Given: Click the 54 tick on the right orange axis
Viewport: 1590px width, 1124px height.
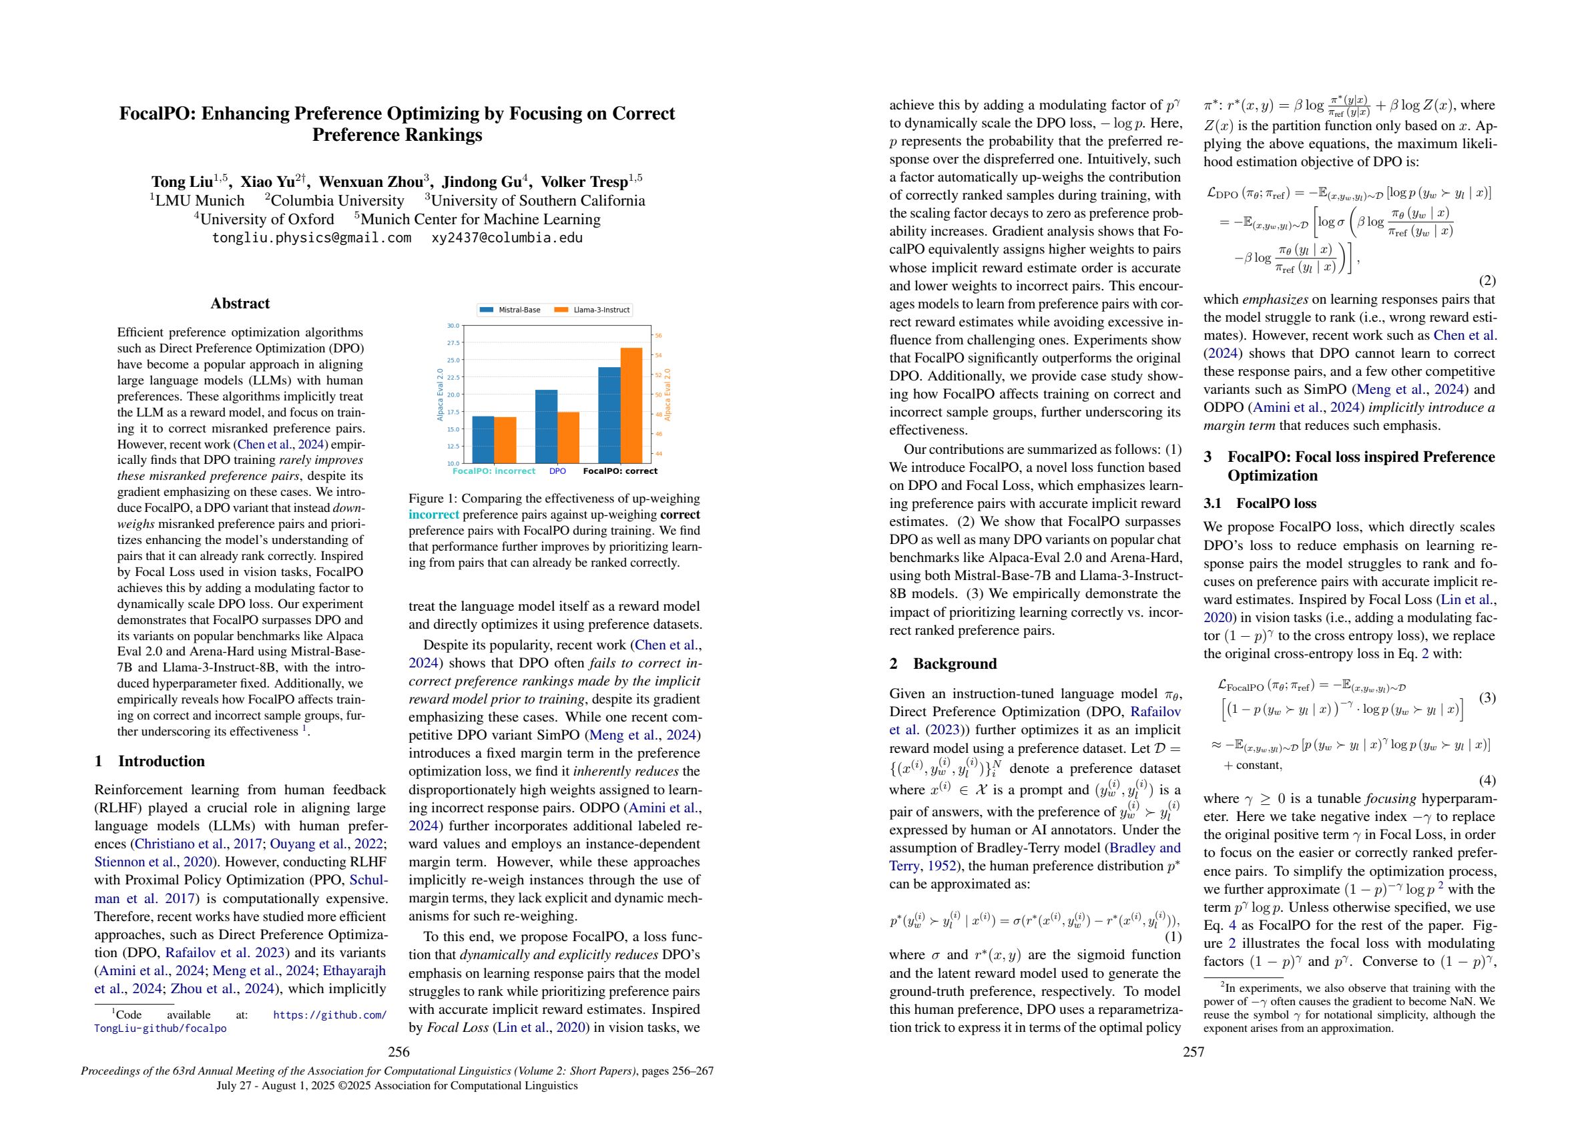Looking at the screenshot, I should [658, 355].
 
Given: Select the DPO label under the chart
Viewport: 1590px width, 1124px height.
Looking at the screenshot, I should [557, 471].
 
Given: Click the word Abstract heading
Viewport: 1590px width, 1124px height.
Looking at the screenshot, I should [240, 303].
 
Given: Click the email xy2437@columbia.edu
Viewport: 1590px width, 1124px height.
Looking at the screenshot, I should [507, 238].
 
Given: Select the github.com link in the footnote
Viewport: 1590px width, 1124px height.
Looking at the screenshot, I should [330, 1015].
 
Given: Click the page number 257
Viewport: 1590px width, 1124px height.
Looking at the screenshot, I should [1194, 1053].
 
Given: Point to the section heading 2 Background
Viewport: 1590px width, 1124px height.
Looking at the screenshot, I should [943, 663].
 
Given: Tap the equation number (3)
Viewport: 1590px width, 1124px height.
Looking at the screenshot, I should [1487, 697].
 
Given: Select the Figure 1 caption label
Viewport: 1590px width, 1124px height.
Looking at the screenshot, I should [432, 499].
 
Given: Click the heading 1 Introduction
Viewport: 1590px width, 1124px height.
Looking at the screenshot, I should [150, 761].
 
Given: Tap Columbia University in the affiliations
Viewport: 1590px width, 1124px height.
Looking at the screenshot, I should [336, 201].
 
